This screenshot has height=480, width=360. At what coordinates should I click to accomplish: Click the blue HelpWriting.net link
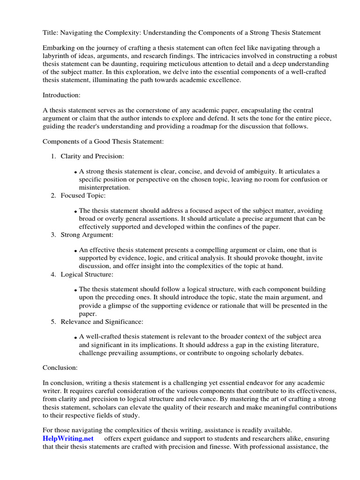pos(68,438)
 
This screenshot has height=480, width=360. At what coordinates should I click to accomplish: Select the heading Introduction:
pos(61,95)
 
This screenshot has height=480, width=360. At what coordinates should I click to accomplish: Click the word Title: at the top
pos(51,32)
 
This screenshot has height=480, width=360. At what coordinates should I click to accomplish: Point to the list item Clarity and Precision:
pos(92,156)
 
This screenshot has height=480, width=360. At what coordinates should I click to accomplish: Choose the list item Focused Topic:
pos(83,195)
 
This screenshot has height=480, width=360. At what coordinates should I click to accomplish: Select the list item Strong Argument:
pos(87,234)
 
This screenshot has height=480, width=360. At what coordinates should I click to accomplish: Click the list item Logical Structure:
pos(87,274)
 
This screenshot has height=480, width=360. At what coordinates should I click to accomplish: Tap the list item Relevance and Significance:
pos(102,322)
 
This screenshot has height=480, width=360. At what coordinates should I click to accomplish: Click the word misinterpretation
pos(105,187)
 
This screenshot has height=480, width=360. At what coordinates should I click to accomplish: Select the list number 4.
pos(53,274)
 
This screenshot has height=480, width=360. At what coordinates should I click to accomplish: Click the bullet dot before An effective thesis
pos(75,251)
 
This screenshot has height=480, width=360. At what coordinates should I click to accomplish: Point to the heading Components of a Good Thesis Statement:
pos(103,142)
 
